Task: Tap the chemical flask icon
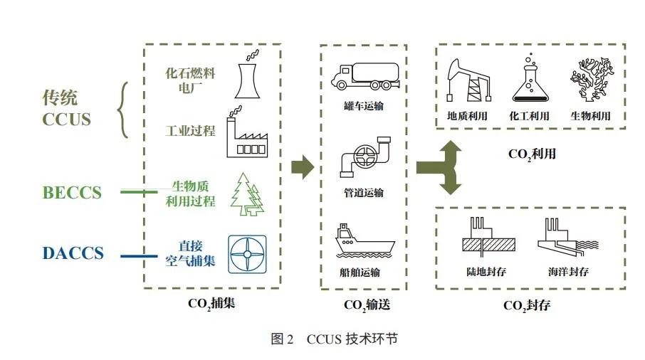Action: (x=532, y=80)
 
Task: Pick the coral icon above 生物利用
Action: (x=592, y=80)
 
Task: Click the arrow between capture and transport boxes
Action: (x=302, y=168)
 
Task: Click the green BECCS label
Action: (x=72, y=192)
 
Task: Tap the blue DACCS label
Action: (x=72, y=253)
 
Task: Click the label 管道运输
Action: (x=363, y=193)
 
